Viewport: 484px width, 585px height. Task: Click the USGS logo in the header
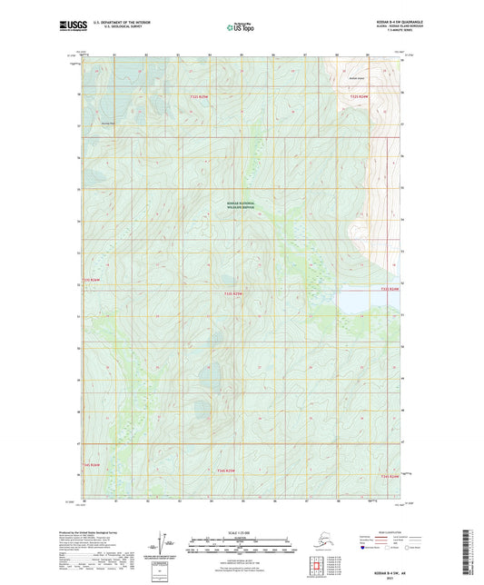71,29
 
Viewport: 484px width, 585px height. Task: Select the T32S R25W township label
200,97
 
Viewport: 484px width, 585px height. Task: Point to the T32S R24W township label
360,96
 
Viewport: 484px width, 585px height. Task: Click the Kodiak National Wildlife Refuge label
241,205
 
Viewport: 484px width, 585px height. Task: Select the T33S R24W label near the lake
389,290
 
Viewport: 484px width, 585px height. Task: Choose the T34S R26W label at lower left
94,464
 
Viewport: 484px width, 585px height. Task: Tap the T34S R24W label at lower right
389,475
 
